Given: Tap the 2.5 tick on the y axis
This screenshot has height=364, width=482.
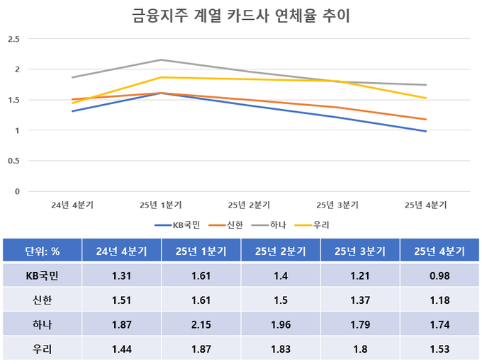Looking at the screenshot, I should (13, 39).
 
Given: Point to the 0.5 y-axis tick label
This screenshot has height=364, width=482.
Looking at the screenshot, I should (13, 161).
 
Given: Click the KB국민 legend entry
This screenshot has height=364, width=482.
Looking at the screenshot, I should (178, 225).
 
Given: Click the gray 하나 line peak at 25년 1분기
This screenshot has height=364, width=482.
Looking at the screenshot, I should (161, 59).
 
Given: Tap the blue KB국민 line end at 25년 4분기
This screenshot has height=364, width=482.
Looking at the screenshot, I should (426, 131).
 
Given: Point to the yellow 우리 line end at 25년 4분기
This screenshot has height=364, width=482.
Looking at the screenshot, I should (426, 98).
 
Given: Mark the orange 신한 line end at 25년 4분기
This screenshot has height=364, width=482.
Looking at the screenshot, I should (426, 119).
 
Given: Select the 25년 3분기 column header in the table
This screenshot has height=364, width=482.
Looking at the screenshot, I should (360, 251).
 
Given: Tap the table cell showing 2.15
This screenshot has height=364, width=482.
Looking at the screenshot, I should (201, 325).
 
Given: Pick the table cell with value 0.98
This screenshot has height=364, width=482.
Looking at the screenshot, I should (439, 275).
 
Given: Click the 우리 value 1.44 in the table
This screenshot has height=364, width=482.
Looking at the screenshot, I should (122, 350).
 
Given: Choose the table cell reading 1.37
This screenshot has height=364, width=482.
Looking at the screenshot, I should (360, 300).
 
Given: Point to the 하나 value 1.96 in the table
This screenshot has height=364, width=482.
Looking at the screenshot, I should (281, 325).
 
